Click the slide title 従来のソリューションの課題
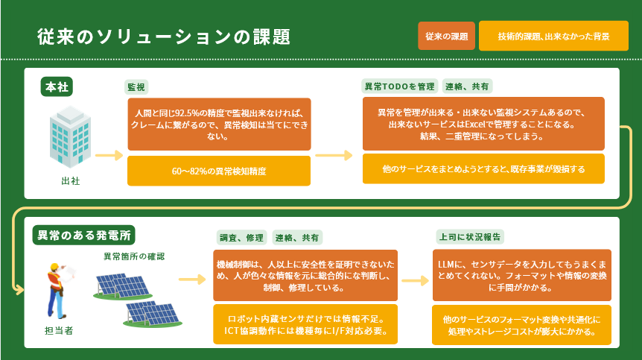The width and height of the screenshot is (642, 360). [163, 37]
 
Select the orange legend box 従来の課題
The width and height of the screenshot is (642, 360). [446, 36]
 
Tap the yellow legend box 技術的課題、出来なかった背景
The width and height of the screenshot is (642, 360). [553, 36]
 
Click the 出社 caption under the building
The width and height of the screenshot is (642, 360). [70, 180]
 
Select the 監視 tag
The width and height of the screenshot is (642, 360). [136, 87]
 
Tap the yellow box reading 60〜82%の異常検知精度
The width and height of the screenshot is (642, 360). [219, 171]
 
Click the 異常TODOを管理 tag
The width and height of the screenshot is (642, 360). [398, 87]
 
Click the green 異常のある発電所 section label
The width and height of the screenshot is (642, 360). [84, 234]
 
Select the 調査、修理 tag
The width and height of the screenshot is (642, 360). [241, 238]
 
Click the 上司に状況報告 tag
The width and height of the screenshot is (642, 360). [469, 237]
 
